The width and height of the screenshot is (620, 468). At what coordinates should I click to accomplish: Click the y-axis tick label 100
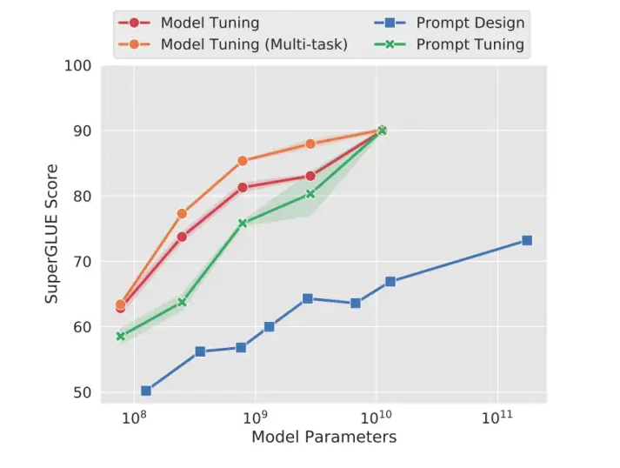[78, 66]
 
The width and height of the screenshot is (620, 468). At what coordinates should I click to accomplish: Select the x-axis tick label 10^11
[497, 418]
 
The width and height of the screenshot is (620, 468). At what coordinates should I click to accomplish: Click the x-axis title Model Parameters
[323, 437]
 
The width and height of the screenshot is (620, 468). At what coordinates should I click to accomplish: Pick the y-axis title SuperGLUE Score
[53, 233]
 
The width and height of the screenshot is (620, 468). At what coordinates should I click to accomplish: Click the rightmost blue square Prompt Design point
[526, 240]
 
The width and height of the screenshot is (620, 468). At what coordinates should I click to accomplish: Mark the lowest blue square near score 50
[146, 391]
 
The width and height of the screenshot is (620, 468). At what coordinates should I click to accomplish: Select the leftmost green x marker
[121, 336]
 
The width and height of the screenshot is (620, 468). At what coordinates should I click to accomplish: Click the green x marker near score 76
[243, 223]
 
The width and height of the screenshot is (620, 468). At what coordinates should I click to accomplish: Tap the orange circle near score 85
[243, 161]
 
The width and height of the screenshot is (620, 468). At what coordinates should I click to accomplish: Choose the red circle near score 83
[310, 176]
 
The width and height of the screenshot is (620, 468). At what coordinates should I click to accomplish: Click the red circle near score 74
[182, 237]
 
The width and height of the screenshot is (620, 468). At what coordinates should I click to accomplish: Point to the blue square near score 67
[390, 281]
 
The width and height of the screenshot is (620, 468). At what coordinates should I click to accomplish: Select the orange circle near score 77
[182, 213]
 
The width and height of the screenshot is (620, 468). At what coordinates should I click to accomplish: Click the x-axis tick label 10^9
[255, 418]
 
